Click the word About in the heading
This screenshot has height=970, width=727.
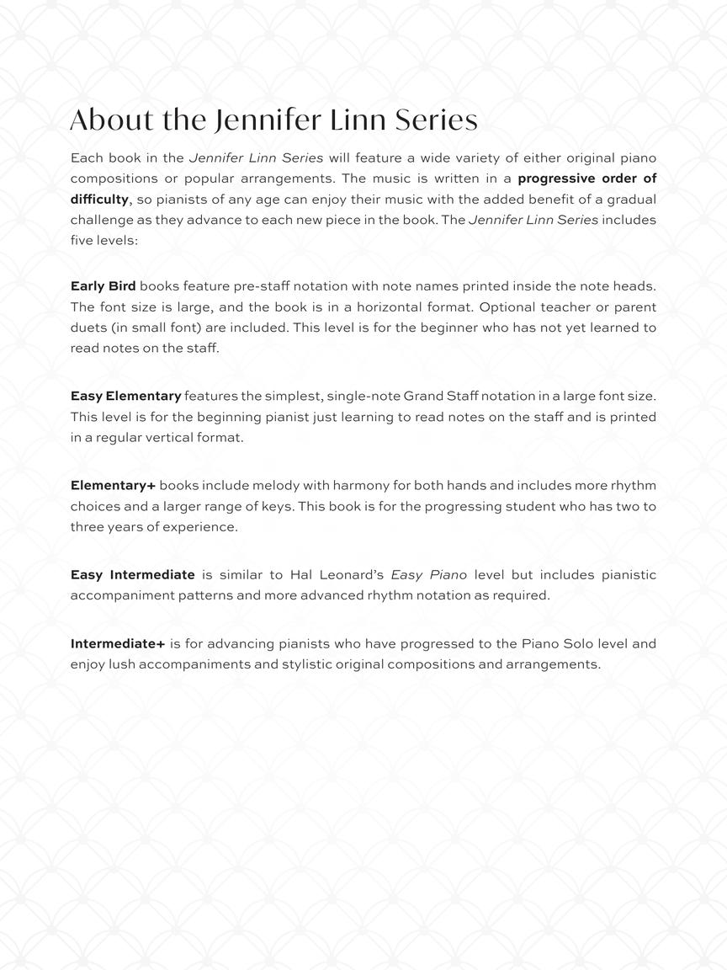click(112, 120)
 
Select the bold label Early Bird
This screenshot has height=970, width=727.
click(103, 286)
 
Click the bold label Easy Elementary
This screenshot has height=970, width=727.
click(125, 396)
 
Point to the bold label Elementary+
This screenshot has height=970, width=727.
click(113, 486)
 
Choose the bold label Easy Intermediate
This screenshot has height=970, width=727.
click(132, 575)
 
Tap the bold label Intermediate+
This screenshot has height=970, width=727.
click(117, 644)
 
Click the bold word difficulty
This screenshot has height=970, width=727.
click(99, 200)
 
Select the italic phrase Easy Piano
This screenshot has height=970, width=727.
click(428, 575)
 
